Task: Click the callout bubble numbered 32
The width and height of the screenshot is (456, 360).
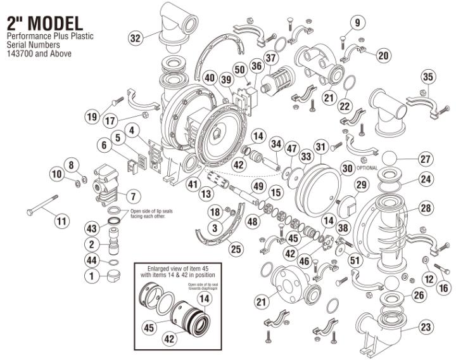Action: (x=135, y=38)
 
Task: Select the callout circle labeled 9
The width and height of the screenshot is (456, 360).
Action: (x=357, y=23)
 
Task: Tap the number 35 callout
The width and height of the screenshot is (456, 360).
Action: (x=428, y=77)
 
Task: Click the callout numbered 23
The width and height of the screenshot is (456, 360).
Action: (x=426, y=328)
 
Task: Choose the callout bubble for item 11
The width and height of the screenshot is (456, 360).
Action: (x=61, y=221)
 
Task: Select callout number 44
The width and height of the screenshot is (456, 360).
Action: (x=92, y=260)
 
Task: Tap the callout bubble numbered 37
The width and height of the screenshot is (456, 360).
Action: (x=271, y=58)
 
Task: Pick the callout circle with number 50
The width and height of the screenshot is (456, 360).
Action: (x=239, y=68)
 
